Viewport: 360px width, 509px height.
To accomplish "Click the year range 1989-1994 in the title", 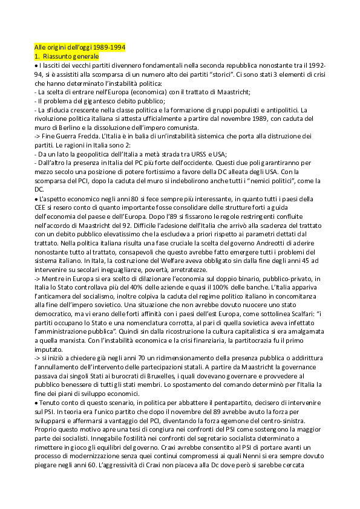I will [108, 48].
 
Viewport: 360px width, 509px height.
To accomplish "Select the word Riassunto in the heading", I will [58, 56].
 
